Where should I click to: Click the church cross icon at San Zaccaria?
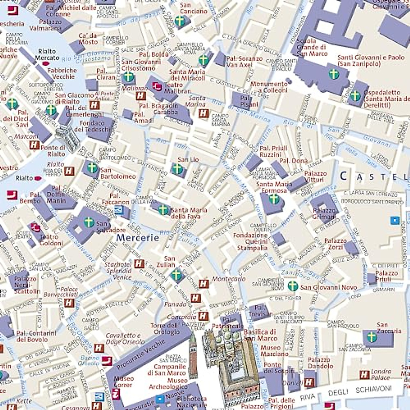371,337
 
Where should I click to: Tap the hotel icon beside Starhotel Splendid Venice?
139,264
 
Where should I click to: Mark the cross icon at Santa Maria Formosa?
274,199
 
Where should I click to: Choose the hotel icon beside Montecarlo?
204,284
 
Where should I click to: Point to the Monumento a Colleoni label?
269,87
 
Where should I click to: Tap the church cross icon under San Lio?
177,168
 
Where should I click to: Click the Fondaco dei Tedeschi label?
92,126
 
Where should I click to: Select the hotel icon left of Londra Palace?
365,375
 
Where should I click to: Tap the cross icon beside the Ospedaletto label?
355,96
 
